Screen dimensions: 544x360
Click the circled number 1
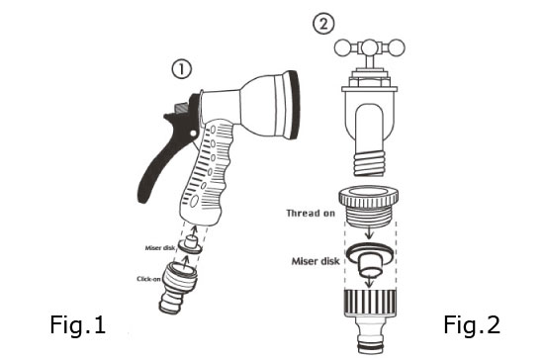click(x=182, y=69)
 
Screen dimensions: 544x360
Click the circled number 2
click(x=323, y=24)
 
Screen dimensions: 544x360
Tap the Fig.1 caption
click(x=78, y=325)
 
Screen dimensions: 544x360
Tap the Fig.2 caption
click(x=472, y=325)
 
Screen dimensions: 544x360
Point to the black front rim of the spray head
click(x=294, y=105)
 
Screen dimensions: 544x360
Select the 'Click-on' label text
click(x=148, y=279)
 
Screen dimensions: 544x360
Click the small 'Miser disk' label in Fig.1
click(x=160, y=248)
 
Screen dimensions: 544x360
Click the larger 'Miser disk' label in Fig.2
click(x=316, y=261)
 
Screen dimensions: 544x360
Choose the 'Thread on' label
click(x=311, y=213)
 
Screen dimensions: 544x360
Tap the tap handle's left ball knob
click(x=343, y=48)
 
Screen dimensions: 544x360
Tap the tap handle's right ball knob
click(x=397, y=48)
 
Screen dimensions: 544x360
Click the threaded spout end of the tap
click(x=370, y=162)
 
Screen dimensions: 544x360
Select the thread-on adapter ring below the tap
click(x=369, y=206)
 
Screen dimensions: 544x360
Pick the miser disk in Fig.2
click(x=370, y=258)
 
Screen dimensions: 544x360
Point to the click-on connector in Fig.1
click(x=177, y=287)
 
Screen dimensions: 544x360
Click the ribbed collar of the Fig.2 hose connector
click(x=370, y=303)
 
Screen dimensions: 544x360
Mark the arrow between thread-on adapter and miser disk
click(x=369, y=232)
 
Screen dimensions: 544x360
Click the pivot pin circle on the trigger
click(x=193, y=134)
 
